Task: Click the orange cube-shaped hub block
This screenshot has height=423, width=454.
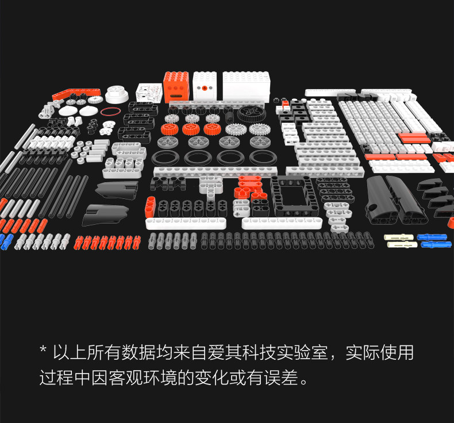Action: tap(177, 87)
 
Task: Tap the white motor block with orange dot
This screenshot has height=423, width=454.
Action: tap(204, 87)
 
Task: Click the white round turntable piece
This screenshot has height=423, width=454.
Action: tap(117, 94)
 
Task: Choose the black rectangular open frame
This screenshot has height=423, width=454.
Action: tap(293, 195)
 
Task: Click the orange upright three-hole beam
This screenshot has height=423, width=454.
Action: tap(150, 206)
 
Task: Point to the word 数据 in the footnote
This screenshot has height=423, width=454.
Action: tap(128, 352)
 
